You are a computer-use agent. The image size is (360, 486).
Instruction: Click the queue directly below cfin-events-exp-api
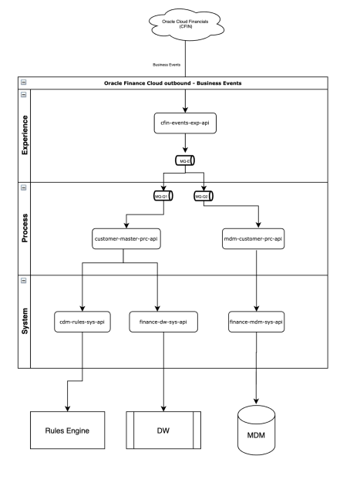pyautogui.click(x=184, y=161)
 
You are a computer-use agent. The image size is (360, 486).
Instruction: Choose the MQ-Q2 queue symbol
pyautogui.click(x=203, y=197)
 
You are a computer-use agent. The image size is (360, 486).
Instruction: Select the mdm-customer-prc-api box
pyautogui.click(x=257, y=238)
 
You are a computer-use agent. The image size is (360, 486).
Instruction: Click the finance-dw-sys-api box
pyautogui.click(x=158, y=320)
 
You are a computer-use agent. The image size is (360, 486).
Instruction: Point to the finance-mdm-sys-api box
pyautogui.click(x=257, y=320)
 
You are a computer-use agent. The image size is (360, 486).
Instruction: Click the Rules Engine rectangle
pyautogui.click(x=67, y=430)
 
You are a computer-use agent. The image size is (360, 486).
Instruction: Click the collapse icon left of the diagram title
pyautogui.click(x=22, y=82)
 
